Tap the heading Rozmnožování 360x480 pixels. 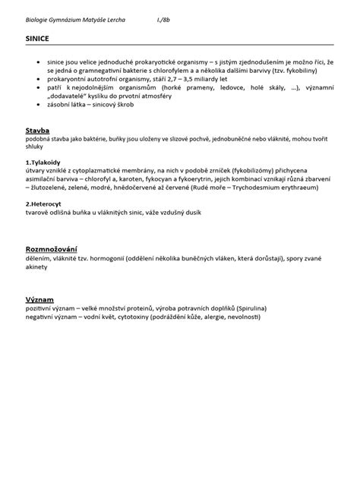click(x=51, y=250)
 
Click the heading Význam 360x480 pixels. click(x=39, y=300)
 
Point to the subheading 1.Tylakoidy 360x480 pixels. click(x=43, y=163)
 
